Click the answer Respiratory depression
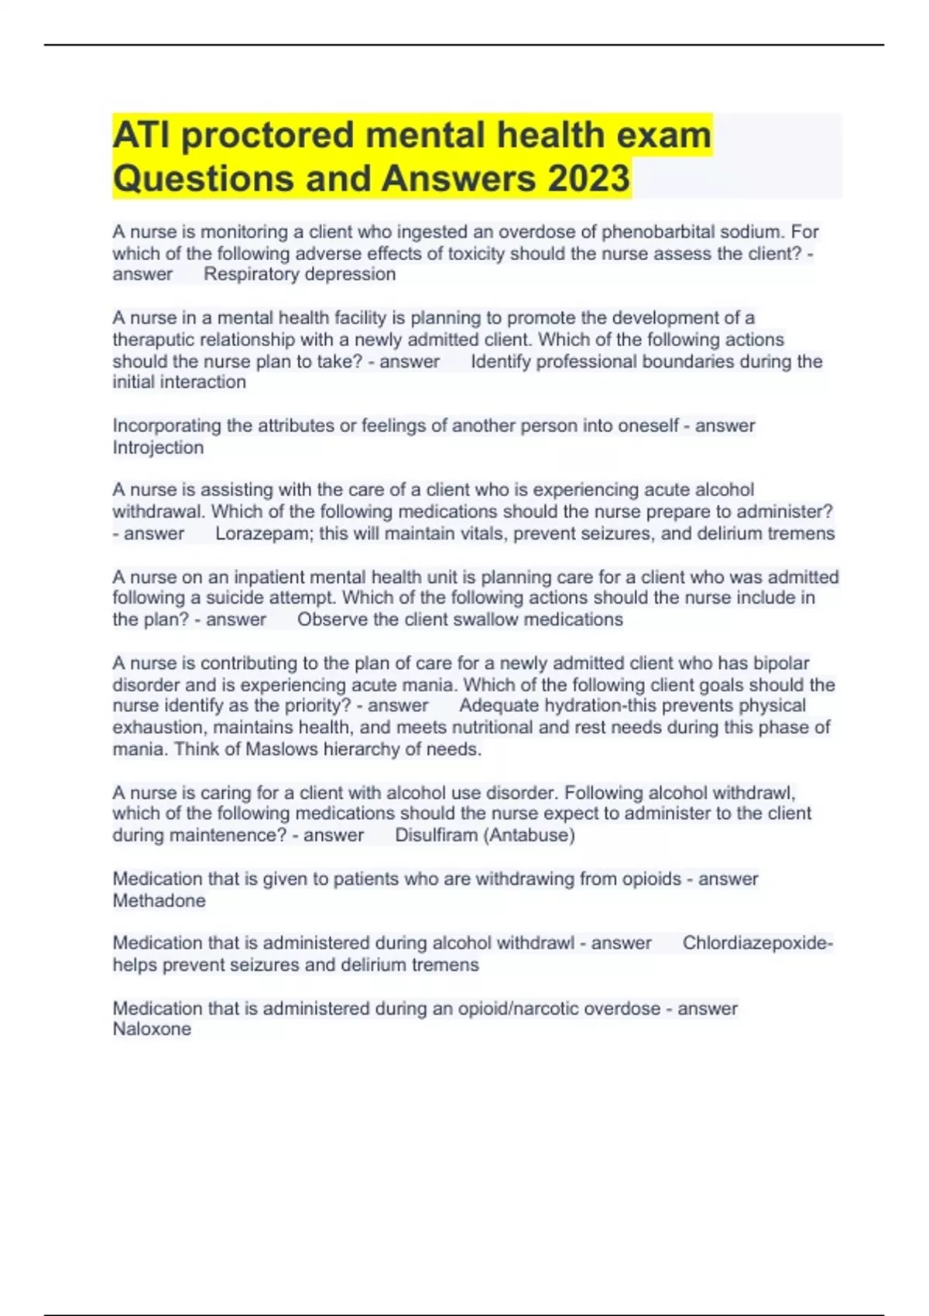300,274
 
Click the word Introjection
158,447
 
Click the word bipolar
781,663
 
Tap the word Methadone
159,900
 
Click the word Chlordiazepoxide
756,943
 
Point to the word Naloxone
152,1029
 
